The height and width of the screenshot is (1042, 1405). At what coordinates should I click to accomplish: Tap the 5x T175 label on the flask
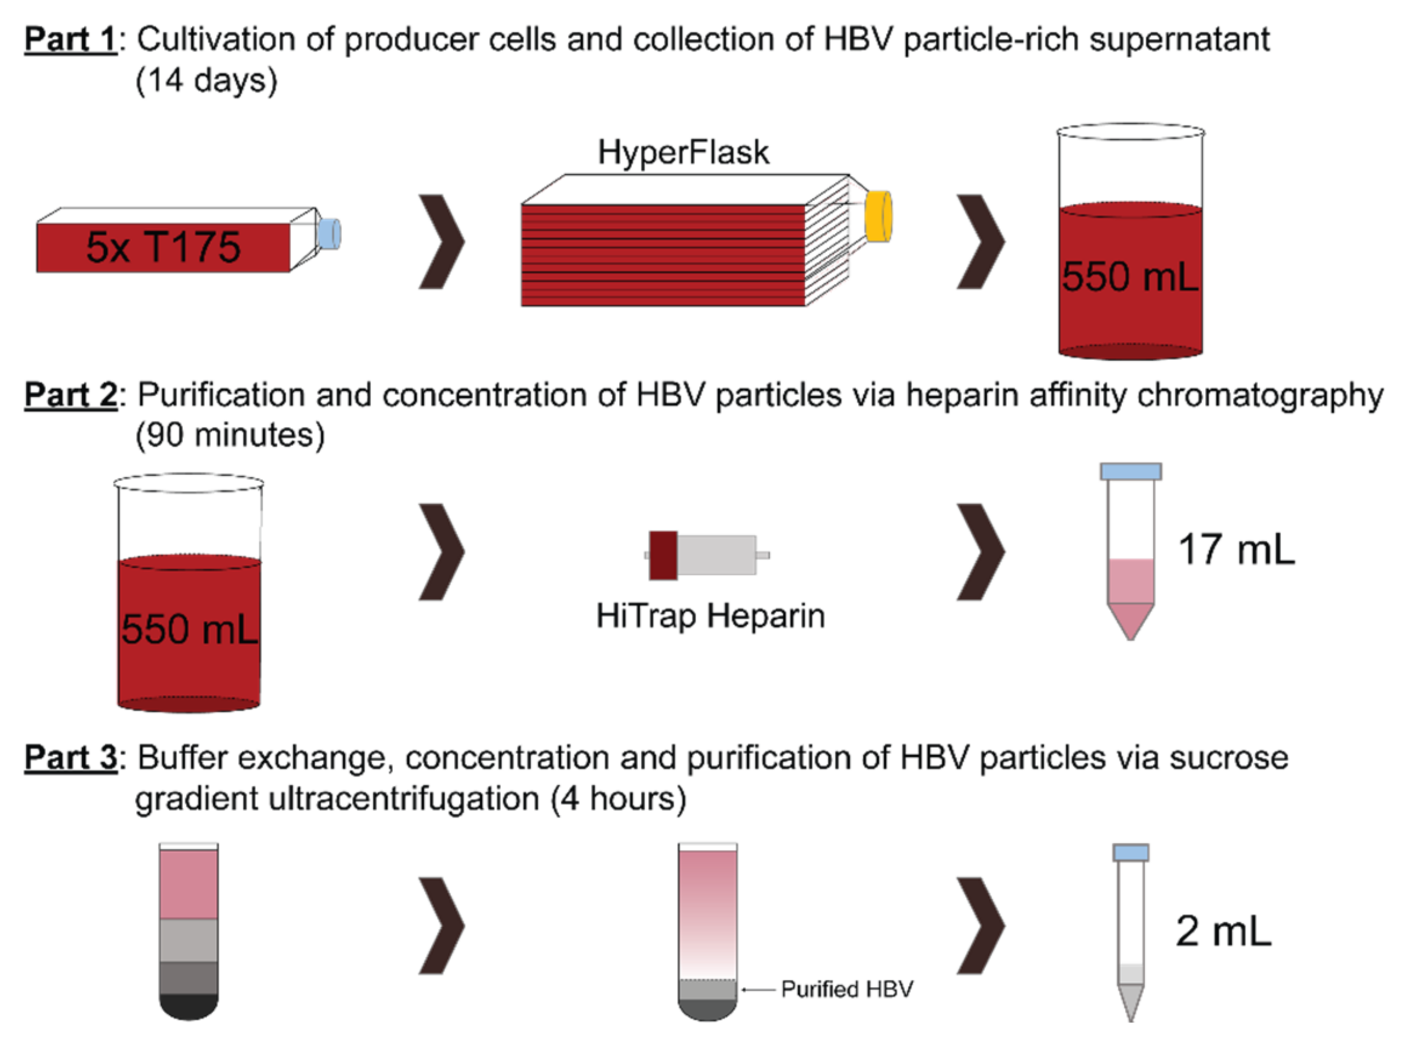[163, 247]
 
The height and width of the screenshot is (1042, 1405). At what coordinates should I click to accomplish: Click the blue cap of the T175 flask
[329, 233]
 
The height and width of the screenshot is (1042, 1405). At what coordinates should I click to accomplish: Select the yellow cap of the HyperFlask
[878, 216]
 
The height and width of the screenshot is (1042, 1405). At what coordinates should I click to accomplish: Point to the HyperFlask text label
[683, 153]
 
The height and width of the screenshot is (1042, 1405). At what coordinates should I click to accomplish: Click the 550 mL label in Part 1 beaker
[1129, 276]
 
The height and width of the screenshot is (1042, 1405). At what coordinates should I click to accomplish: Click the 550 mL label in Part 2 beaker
[189, 629]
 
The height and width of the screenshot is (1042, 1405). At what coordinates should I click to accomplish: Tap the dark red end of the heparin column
[663, 555]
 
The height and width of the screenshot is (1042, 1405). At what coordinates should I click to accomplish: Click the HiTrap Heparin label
[710, 616]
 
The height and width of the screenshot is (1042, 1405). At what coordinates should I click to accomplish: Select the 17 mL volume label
[1236, 549]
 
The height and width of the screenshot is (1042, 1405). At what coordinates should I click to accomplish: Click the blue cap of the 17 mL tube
[1130, 471]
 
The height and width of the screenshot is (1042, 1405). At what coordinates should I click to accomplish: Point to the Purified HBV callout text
[846, 989]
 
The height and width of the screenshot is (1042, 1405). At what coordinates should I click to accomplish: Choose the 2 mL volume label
[1222, 931]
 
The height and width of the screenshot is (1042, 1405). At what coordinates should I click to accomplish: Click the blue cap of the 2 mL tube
[1130, 853]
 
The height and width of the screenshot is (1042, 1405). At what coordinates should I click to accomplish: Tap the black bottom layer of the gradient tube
[189, 1007]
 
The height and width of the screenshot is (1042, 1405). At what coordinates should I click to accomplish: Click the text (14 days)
[206, 81]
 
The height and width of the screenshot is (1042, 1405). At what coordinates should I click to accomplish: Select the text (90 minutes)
[231, 435]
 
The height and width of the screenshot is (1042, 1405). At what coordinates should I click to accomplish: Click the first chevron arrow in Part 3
[442, 925]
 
